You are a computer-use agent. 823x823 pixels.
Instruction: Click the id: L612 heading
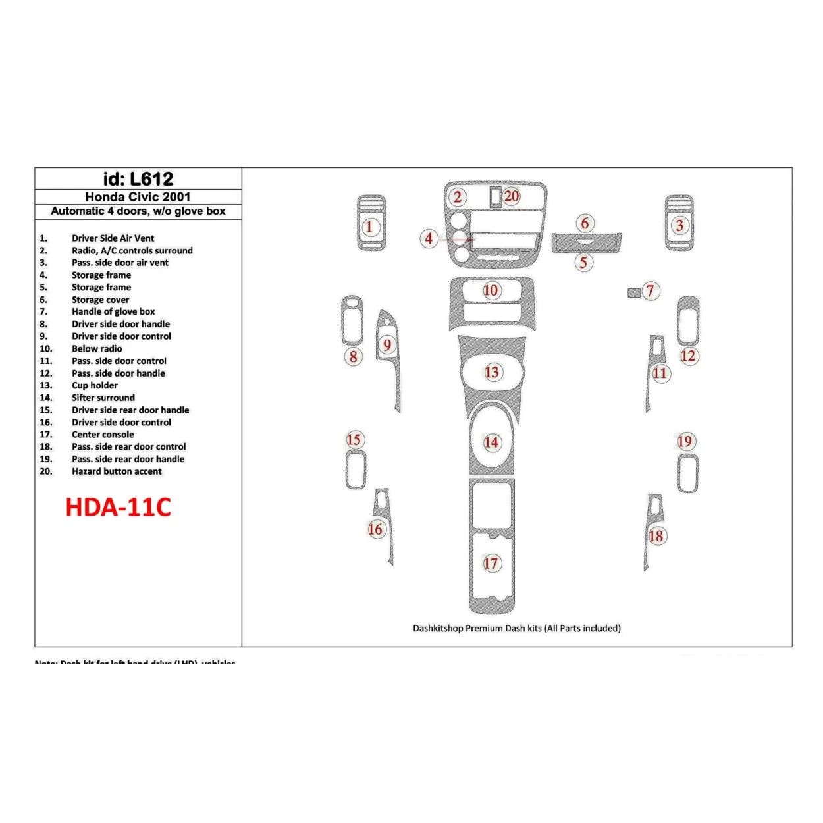[x=138, y=179]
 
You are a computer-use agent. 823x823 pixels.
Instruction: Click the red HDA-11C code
[x=119, y=507]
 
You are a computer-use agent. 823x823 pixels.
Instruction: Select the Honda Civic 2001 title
[x=138, y=197]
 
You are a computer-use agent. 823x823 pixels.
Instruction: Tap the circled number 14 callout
[x=491, y=442]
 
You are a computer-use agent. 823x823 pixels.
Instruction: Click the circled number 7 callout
[x=650, y=291]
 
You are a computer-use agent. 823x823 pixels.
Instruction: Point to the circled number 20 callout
[x=512, y=196]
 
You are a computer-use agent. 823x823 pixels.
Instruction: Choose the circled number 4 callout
[x=429, y=238]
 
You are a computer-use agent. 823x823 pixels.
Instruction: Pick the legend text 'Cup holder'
[x=95, y=385]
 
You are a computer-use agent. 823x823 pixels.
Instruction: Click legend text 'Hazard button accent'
[x=117, y=471]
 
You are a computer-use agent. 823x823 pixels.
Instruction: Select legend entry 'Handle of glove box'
[x=113, y=311]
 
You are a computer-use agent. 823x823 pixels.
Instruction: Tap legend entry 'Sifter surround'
[x=103, y=398]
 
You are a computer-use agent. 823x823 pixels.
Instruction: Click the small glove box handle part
[x=633, y=292]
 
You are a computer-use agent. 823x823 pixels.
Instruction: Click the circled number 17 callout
[x=491, y=564]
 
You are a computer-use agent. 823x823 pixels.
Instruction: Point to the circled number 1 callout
[x=369, y=227]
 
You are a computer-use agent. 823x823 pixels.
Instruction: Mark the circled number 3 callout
[x=679, y=226]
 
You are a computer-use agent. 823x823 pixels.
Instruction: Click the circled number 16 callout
[x=375, y=529]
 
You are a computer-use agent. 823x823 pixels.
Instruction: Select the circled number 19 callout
[x=685, y=441]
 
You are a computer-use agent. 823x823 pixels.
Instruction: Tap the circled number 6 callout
[x=585, y=223]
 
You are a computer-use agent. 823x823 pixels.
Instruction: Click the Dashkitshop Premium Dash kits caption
[x=517, y=628]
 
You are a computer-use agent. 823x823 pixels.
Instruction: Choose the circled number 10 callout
[x=491, y=291]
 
